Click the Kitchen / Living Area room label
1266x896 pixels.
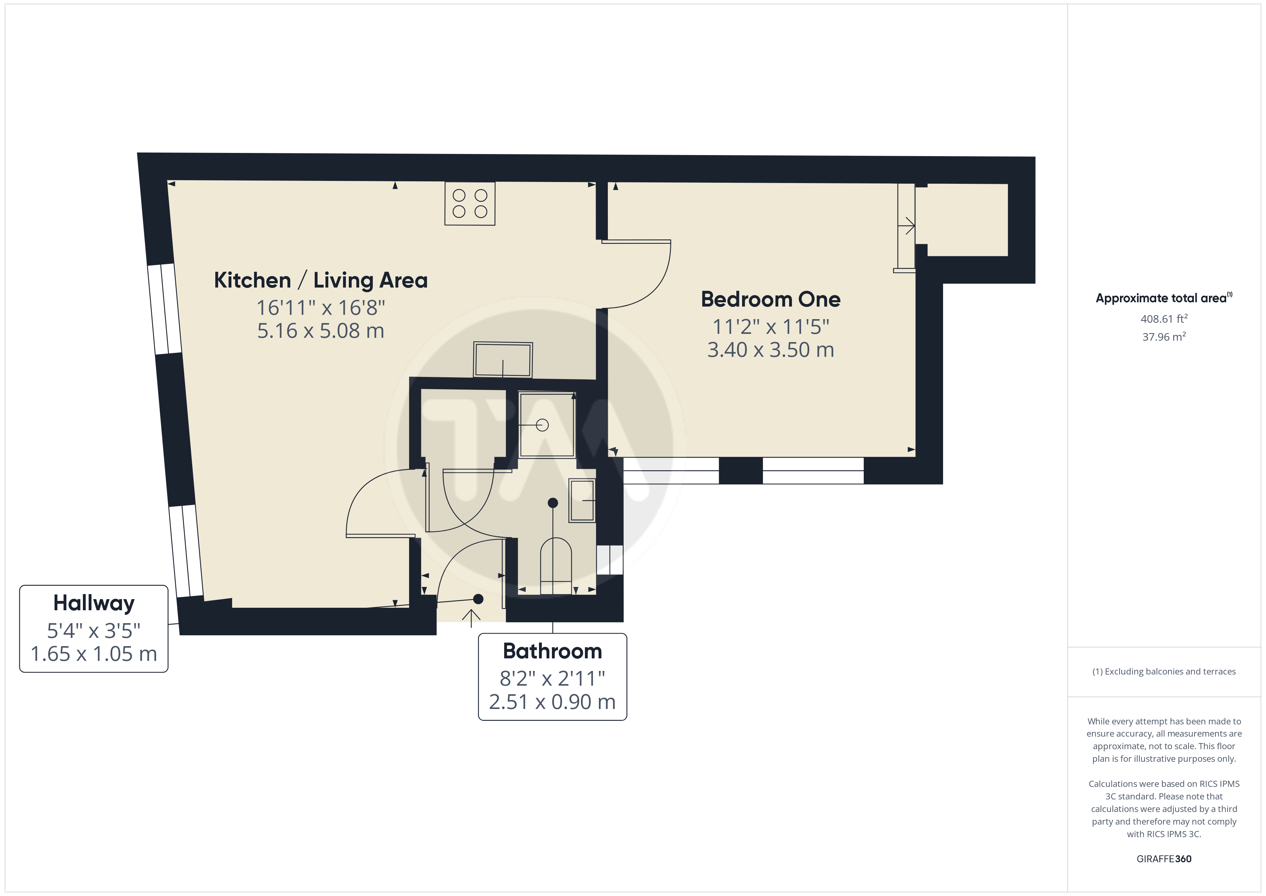click(320, 280)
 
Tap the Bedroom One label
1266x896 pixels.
click(770, 299)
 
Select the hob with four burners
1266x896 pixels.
click(470, 203)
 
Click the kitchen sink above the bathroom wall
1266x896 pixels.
click(503, 360)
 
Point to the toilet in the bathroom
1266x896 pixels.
click(556, 565)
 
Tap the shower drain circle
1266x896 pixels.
click(543, 425)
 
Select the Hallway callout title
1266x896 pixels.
click(94, 603)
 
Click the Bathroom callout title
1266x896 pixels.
click(553, 651)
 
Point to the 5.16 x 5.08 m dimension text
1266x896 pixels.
click(320, 331)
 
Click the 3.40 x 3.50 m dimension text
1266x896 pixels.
click(770, 350)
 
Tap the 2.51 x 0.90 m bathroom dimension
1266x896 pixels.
click(553, 702)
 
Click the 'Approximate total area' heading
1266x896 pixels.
click(1163, 298)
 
